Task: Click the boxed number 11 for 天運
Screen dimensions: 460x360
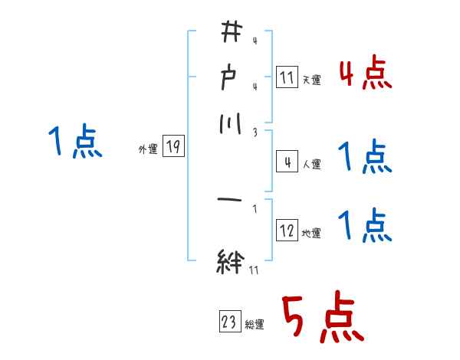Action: (x=286, y=77)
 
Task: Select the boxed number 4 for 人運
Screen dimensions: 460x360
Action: (x=286, y=162)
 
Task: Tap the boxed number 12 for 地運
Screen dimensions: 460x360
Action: (x=286, y=231)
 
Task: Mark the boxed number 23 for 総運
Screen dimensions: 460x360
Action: (x=230, y=322)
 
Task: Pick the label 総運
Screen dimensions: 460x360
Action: (x=255, y=325)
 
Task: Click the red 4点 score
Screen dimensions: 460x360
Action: (x=365, y=74)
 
